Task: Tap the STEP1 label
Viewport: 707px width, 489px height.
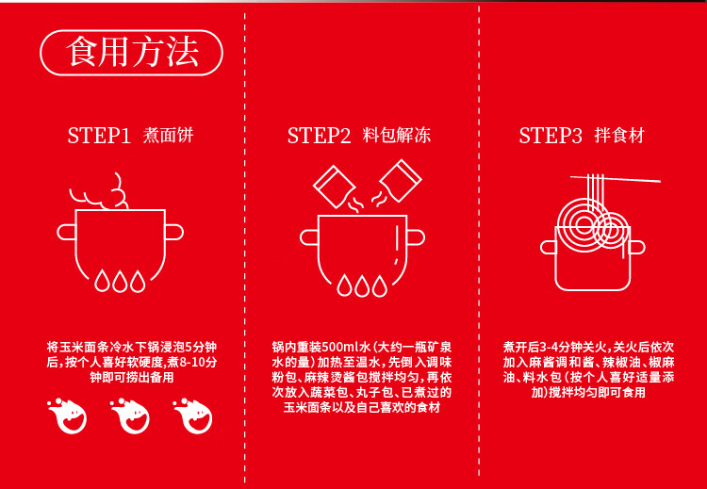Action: pos(98,136)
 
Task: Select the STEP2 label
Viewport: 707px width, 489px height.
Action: pos(319,136)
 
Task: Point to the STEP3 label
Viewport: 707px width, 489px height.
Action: pos(551,136)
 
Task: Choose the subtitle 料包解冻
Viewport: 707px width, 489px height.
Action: pos(397,136)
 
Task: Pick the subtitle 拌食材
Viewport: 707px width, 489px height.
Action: pos(619,136)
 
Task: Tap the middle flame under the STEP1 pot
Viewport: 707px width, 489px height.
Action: pos(117,281)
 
